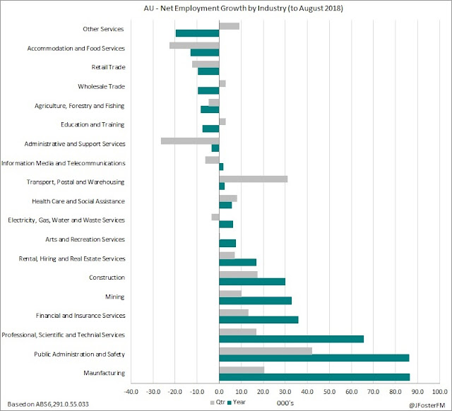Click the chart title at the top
[x=226, y=9]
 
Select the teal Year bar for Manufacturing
[x=314, y=376]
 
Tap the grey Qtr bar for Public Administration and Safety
[x=266, y=350]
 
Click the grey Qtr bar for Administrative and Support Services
[x=190, y=141]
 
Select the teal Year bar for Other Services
[x=198, y=33]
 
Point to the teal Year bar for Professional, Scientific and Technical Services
[x=292, y=338]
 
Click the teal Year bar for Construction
[x=252, y=281]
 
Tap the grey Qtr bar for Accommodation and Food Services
[x=194, y=45]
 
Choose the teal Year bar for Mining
[x=256, y=300]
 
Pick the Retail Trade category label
[x=108, y=67]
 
